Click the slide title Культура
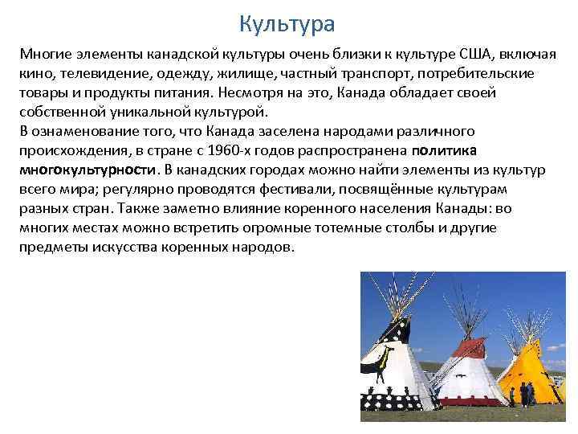pyautogui.click(x=287, y=23)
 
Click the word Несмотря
pyautogui.click(x=250, y=92)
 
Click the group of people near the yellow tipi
pyautogui.click(x=526, y=395)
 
